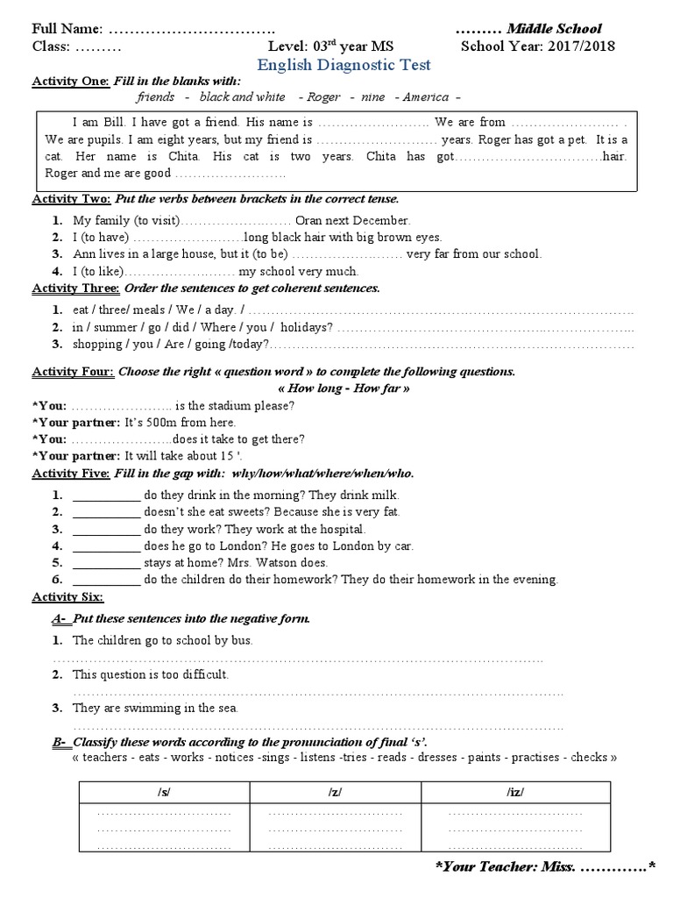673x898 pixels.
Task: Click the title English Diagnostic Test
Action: click(x=344, y=65)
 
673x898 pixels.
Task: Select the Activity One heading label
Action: click(x=70, y=81)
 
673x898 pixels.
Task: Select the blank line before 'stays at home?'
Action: click(x=105, y=563)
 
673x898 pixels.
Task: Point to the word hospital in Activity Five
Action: click(x=338, y=529)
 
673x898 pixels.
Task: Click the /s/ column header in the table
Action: click(x=164, y=792)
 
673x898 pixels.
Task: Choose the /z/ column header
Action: click(x=335, y=792)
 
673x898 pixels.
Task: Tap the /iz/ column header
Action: click(x=514, y=792)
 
